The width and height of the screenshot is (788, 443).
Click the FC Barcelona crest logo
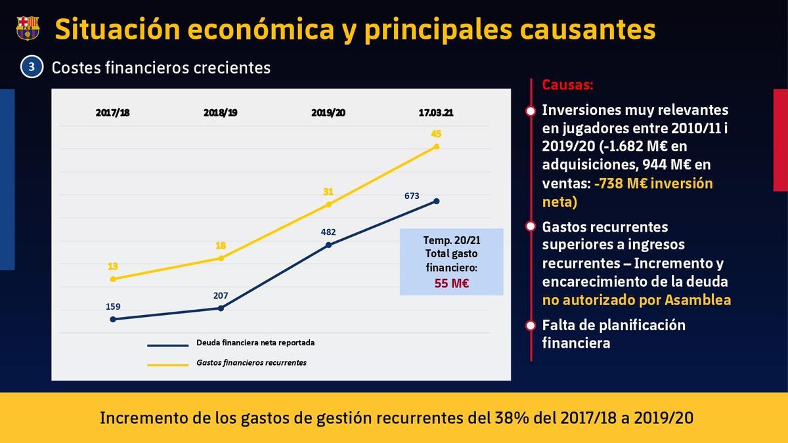[28, 28]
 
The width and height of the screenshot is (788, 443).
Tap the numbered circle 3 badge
[32, 67]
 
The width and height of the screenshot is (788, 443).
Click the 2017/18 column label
[113, 112]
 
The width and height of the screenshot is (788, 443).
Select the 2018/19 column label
[221, 112]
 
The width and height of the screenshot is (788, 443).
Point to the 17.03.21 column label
[436, 112]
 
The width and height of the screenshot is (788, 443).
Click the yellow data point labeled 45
[437, 146]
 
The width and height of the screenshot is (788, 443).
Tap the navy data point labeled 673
[437, 201]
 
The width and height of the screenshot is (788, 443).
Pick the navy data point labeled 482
[328, 245]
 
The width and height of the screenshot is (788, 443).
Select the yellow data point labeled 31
[328, 204]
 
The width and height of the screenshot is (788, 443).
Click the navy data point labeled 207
[221, 308]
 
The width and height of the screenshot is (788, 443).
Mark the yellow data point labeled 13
[113, 279]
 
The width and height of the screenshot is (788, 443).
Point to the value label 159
[113, 306]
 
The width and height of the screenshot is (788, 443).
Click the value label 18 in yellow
[221, 245]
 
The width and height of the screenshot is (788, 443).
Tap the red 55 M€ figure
[451, 283]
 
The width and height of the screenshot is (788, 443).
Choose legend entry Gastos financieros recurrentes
[252, 362]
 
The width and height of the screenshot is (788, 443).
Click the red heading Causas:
[567, 85]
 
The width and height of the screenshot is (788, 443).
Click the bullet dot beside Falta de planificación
[531, 325]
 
